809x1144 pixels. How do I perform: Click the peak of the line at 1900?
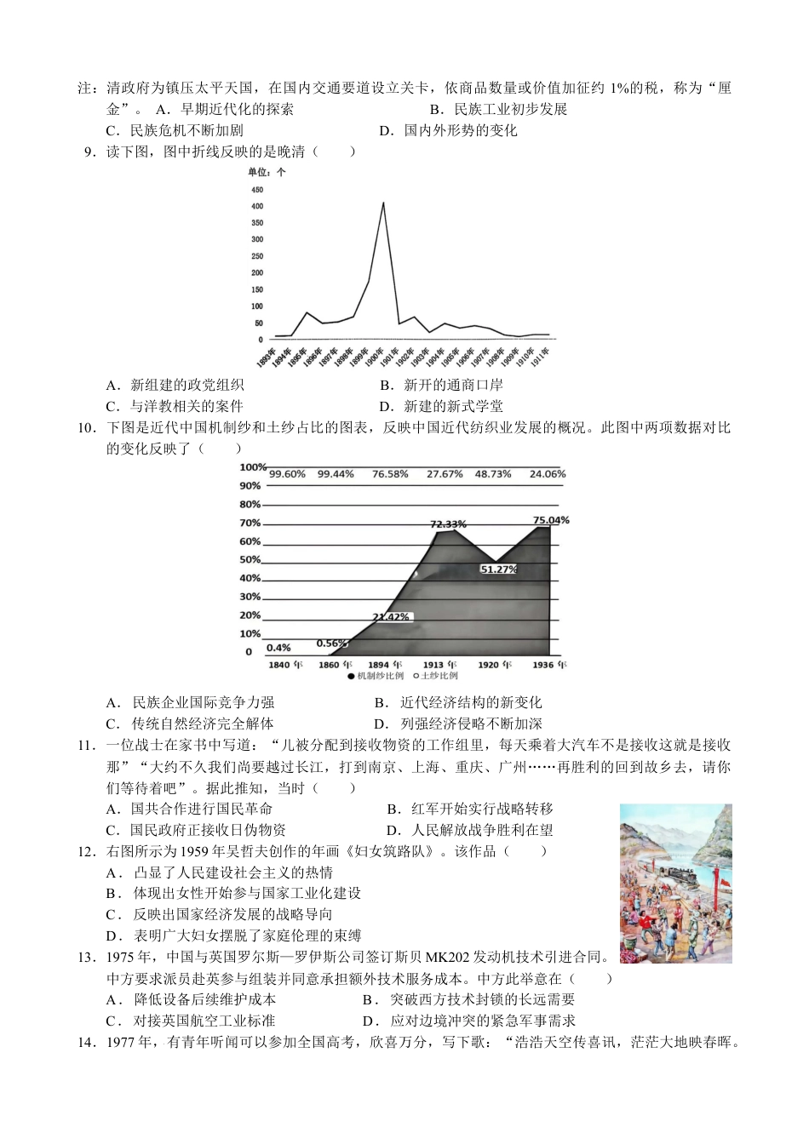pyautogui.click(x=382, y=203)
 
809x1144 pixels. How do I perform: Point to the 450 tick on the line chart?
pyautogui.click(x=257, y=190)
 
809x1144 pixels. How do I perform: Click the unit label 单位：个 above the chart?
pyautogui.click(x=267, y=172)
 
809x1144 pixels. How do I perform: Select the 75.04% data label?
pyautogui.click(x=550, y=520)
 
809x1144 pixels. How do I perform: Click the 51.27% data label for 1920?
pyautogui.click(x=498, y=569)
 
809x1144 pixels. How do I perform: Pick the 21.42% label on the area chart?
pyautogui.click(x=391, y=616)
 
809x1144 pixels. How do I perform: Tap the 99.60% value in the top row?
pyautogui.click(x=287, y=474)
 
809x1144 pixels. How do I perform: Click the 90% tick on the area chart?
pyautogui.click(x=250, y=486)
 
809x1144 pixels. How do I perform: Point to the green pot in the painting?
pyautogui.click(x=630, y=941)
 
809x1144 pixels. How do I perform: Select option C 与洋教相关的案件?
pyautogui.click(x=175, y=406)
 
